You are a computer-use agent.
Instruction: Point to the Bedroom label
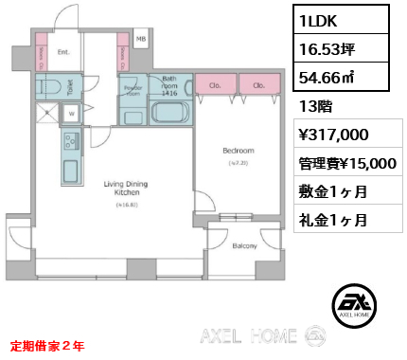[237, 151]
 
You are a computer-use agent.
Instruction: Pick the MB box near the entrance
[141, 39]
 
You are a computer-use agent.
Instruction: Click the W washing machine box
[72, 112]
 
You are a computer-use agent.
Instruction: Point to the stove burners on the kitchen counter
[70, 143]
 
